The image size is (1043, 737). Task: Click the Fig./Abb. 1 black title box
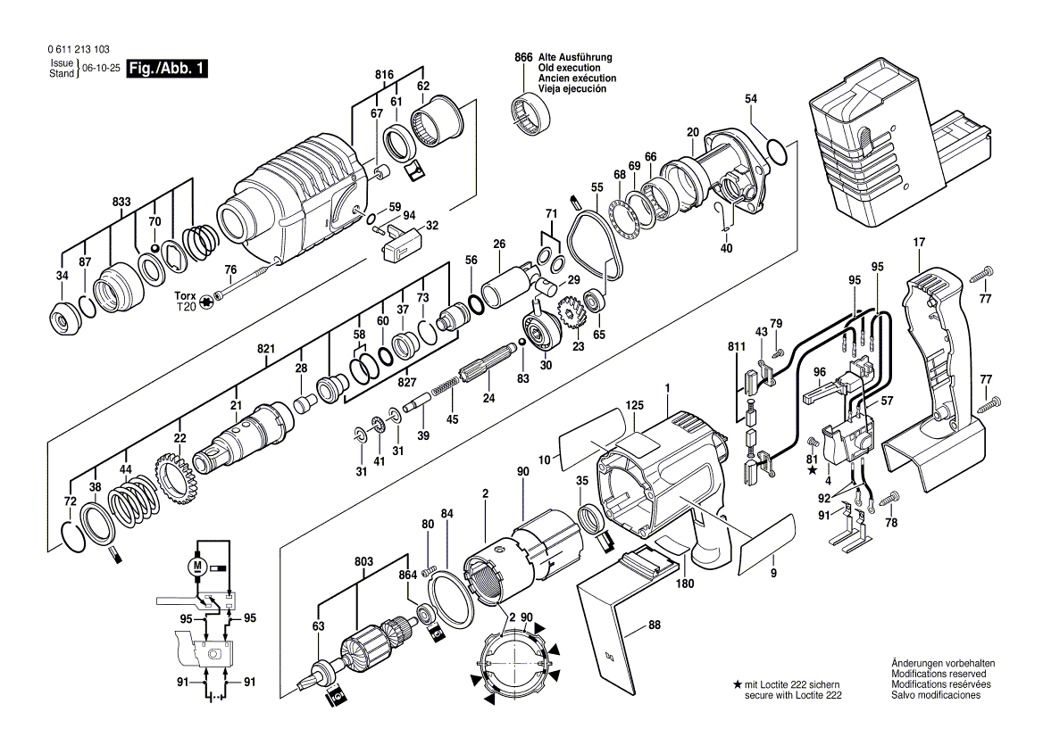(x=168, y=69)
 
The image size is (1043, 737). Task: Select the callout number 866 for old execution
(x=523, y=57)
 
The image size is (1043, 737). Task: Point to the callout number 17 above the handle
(x=919, y=242)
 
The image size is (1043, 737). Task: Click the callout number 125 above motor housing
(x=634, y=406)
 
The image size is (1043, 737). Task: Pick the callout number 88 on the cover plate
(x=655, y=626)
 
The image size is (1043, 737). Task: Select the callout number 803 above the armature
(x=363, y=562)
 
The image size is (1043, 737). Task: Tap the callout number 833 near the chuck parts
(x=122, y=203)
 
